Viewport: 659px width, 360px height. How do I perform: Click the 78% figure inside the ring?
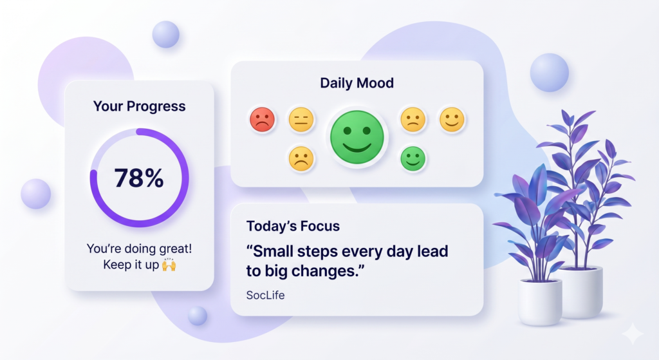click(x=139, y=178)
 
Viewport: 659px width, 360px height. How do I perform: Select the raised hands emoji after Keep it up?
click(x=169, y=265)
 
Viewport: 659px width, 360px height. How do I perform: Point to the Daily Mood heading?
click(x=357, y=83)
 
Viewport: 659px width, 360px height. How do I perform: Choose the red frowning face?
click(x=263, y=119)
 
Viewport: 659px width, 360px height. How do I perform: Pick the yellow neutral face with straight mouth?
click(x=301, y=119)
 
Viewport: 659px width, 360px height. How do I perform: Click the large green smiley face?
click(x=357, y=137)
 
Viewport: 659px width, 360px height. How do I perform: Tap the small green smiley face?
click(x=413, y=158)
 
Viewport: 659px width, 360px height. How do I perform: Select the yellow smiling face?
click(x=452, y=119)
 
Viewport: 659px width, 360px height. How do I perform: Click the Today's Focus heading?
click(x=293, y=226)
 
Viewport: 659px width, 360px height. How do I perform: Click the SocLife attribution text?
click(x=265, y=295)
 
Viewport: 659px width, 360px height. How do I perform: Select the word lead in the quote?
click(x=432, y=251)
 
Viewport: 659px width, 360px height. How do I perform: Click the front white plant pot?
click(x=540, y=302)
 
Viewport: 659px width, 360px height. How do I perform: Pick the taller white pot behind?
click(x=582, y=292)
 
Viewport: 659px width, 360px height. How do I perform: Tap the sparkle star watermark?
click(x=632, y=334)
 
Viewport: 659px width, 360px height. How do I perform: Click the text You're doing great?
click(x=139, y=249)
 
